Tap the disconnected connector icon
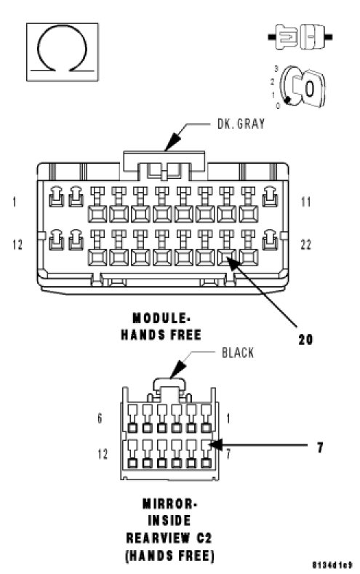pyautogui.click(x=300, y=36)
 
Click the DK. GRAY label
pyautogui.click(x=241, y=124)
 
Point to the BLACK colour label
pyautogui.click(x=238, y=353)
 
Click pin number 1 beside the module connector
pyautogui.click(x=15, y=202)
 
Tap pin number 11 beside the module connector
pyautogui.click(x=306, y=202)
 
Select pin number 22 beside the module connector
pyautogui.click(x=306, y=244)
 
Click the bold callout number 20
pyautogui.click(x=305, y=339)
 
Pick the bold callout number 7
pyautogui.click(x=320, y=447)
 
